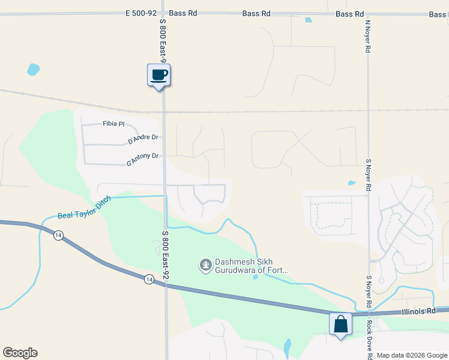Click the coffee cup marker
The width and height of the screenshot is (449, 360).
coord(159,76)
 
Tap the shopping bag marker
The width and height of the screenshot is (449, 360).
coord(340,325)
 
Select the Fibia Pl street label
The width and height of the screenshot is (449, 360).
coord(113,124)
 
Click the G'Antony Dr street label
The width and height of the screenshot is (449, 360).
coord(142,159)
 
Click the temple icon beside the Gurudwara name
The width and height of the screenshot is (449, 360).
coord(205,264)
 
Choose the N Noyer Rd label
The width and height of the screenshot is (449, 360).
coord(367,36)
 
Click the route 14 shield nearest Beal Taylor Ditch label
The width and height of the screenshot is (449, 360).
coord(58,236)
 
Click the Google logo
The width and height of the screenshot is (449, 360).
coord(20,353)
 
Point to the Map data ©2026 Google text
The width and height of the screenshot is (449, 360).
coord(411,355)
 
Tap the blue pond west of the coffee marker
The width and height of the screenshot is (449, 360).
coord(33,69)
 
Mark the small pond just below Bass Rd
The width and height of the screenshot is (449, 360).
coord(308,20)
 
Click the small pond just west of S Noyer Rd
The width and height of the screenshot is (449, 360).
coord(351,183)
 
